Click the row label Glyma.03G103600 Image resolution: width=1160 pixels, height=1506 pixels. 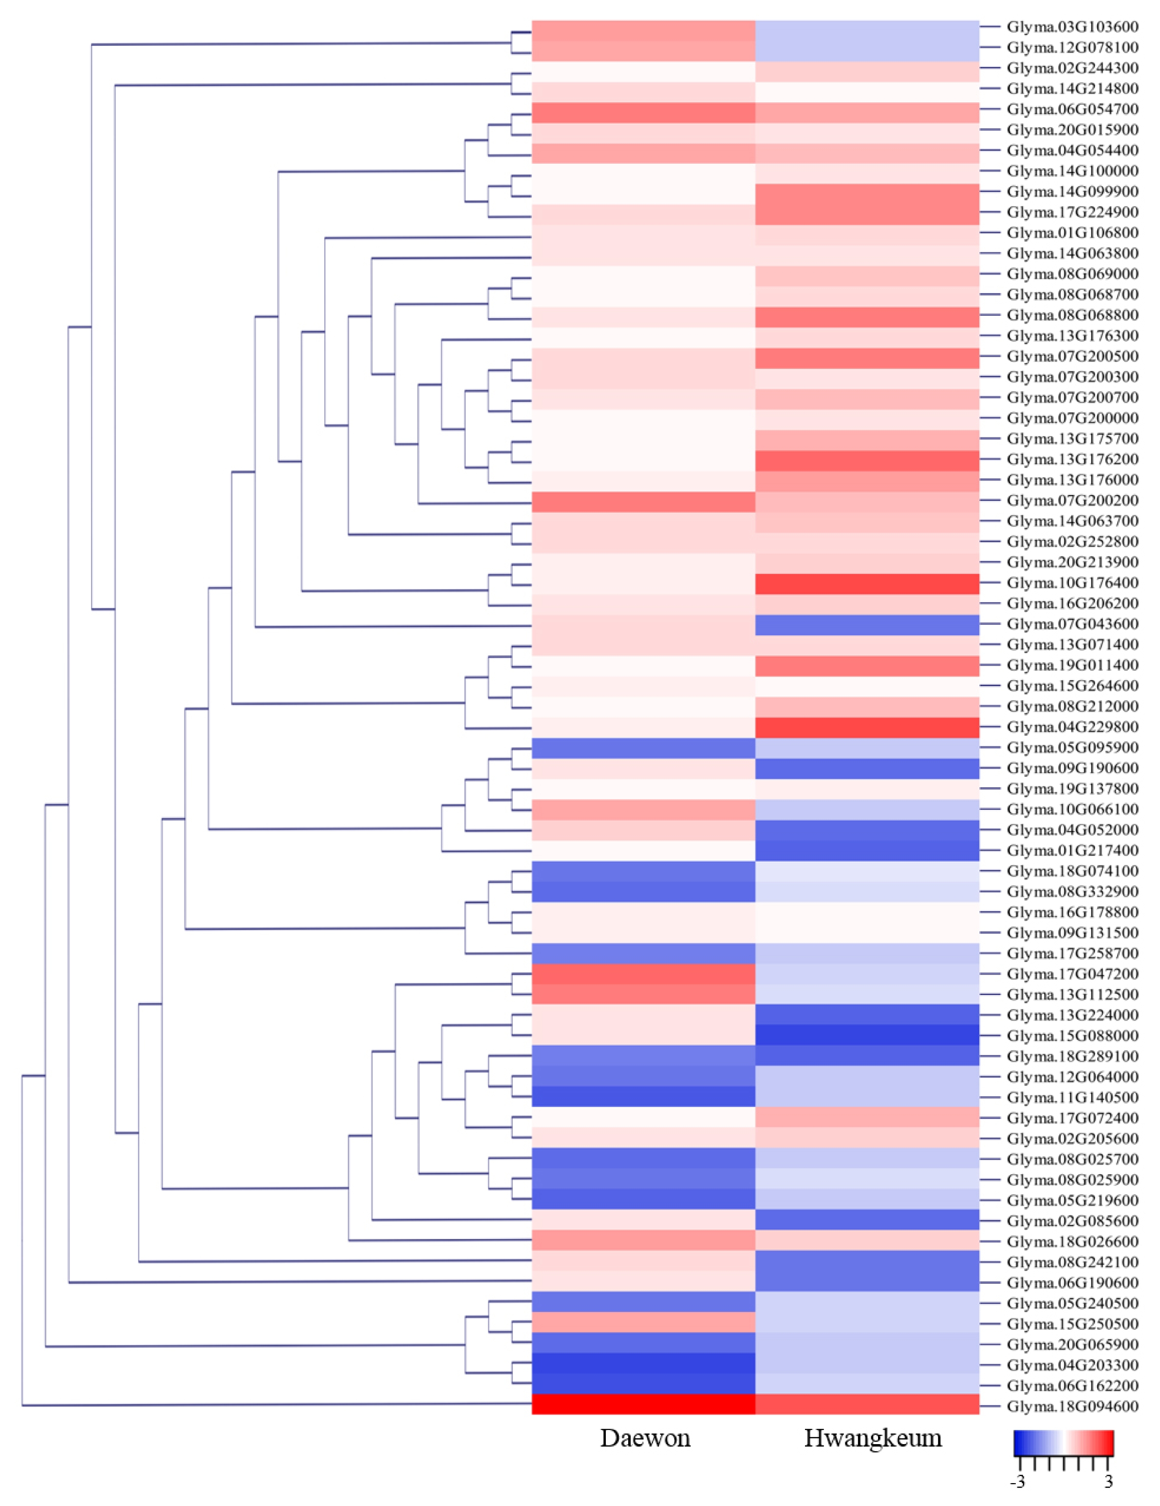tap(1072, 27)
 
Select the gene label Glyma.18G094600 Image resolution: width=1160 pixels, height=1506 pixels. tap(1072, 1406)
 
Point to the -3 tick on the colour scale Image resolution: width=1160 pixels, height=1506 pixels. tap(1017, 1481)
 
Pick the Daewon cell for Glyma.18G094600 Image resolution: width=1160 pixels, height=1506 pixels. tap(644, 1404)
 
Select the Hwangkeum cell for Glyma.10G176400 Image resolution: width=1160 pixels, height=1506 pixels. tap(867, 583)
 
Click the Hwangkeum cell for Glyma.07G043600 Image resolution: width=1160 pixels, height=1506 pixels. tap(867, 625)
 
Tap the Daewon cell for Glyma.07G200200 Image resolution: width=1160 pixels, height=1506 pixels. tap(644, 501)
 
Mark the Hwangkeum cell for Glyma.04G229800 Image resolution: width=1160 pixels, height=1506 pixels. tap(867, 727)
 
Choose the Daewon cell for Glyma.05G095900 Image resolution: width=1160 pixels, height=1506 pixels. tap(644, 748)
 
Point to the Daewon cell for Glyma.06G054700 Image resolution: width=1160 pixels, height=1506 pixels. tap(644, 113)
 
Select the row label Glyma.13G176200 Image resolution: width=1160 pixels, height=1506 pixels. tap(1072, 459)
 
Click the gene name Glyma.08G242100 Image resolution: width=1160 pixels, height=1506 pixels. tap(1072, 1262)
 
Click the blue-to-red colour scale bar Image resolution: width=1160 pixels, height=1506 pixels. tap(1063, 1443)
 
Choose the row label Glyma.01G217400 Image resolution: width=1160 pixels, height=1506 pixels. tap(1072, 850)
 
